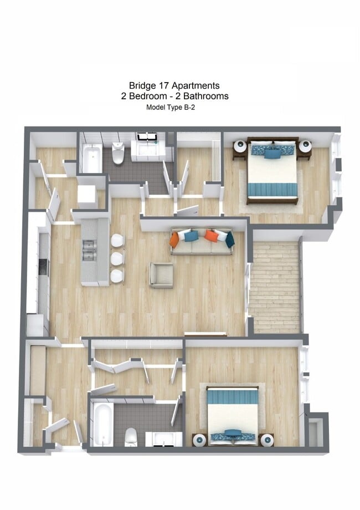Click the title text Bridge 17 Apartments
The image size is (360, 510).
coord(174,85)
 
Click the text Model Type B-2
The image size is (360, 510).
coord(170,108)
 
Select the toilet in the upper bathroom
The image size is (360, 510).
coord(118,154)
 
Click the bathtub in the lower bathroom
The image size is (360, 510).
coord(103,424)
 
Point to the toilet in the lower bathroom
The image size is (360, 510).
coord(131,436)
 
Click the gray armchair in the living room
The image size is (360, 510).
coord(161,275)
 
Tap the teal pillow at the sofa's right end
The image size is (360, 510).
coord(229,239)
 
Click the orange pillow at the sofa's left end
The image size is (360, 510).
coord(175,239)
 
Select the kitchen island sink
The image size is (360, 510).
coord(90,251)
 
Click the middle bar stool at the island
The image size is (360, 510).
coord(117,258)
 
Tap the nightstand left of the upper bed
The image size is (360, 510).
coord(239,147)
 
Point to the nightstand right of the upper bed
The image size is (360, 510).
coord(305,147)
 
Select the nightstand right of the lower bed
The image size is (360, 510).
coord(267,440)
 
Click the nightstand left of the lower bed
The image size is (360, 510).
coord(199,440)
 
